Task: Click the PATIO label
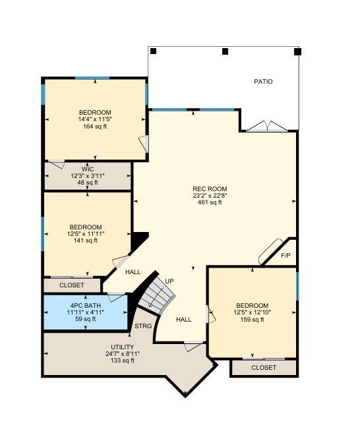263,82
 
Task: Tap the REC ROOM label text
210,189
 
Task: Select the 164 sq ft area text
95,127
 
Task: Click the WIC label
88,169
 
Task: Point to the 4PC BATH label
86,306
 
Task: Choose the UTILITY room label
123,347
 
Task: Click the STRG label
143,326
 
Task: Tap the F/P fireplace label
286,256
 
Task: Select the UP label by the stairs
169,281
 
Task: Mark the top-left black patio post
153,51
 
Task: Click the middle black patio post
225,51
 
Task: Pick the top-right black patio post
297,51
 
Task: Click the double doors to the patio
267,127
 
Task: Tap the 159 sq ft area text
252,320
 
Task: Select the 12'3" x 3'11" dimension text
88,176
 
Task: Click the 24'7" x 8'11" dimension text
123,354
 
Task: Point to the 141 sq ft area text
86,241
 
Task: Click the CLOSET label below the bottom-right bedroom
264,368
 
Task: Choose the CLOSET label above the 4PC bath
72,285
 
